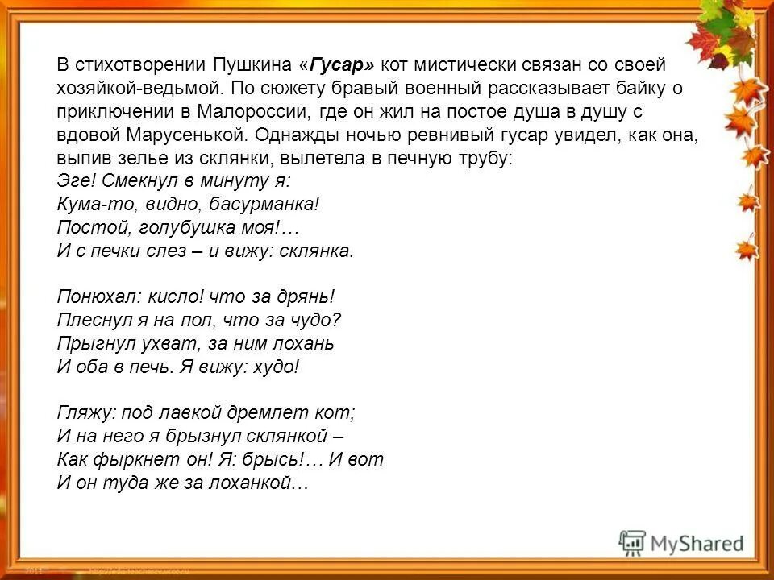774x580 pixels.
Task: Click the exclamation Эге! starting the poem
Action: [x=76, y=180]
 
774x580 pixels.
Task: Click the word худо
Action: [x=277, y=367]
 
